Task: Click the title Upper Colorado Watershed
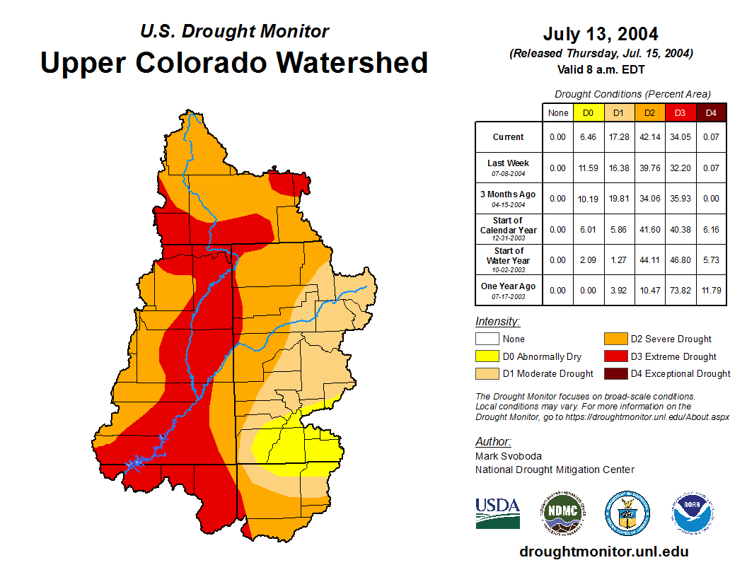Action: point(234,62)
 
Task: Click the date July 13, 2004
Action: point(601,34)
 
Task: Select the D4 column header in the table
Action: point(711,113)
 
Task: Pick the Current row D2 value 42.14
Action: point(649,137)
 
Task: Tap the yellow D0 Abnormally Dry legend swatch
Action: point(487,356)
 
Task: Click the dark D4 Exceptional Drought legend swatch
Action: point(615,373)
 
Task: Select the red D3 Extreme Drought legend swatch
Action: point(615,356)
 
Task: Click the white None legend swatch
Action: point(487,339)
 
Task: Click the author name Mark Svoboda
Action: point(509,456)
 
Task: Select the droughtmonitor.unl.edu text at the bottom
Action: point(603,552)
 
